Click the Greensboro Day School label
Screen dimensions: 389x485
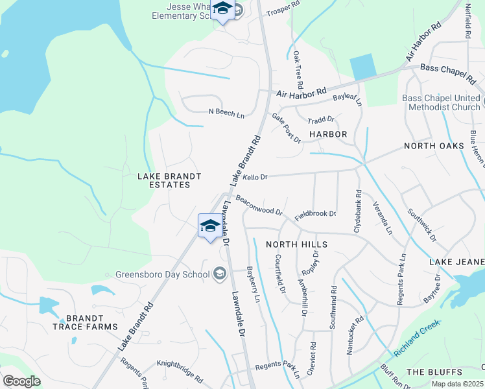tap(163, 274)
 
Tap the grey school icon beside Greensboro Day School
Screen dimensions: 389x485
tap(219, 274)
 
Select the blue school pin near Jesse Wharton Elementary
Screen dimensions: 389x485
tap(222, 10)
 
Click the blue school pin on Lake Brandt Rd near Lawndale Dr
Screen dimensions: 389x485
tap(209, 226)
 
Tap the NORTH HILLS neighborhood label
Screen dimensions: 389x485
tap(296, 244)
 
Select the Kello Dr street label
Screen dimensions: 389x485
tap(255, 177)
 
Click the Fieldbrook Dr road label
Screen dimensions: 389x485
tap(316, 214)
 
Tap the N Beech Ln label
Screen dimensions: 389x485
tap(226, 113)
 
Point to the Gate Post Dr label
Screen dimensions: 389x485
tap(286, 127)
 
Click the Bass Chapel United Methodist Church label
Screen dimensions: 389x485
tap(441, 102)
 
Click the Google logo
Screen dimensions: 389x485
tap(21, 381)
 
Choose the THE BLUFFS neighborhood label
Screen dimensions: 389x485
tap(434, 371)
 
